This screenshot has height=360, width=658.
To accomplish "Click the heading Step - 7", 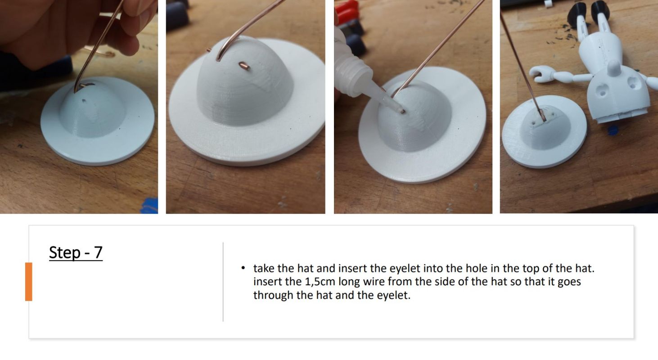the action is [x=76, y=252].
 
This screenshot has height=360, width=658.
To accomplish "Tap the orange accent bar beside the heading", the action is [x=28, y=282].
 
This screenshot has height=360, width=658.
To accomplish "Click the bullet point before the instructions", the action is [x=243, y=268].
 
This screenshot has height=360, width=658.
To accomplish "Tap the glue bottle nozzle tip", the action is [x=402, y=111].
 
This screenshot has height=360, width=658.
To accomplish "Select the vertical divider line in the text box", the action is [x=223, y=282].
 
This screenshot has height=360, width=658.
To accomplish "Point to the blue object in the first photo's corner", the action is [x=149, y=206].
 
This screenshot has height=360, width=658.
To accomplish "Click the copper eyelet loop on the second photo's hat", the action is [x=244, y=66].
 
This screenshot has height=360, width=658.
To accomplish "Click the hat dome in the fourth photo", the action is [x=545, y=126].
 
